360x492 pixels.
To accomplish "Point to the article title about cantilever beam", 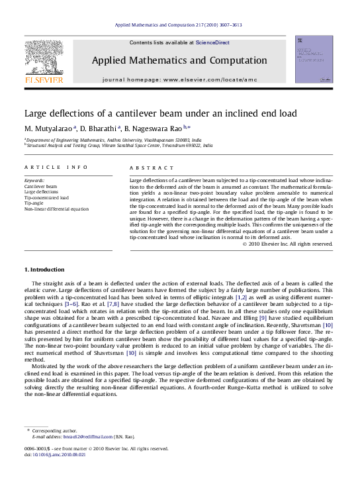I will (x=161, y=113).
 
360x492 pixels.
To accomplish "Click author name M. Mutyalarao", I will (x=50, y=128).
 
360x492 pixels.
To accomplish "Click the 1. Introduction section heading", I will (x=44, y=270).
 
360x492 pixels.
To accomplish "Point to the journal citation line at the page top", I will (x=179, y=25).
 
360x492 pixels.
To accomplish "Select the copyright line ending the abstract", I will (x=288, y=244).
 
